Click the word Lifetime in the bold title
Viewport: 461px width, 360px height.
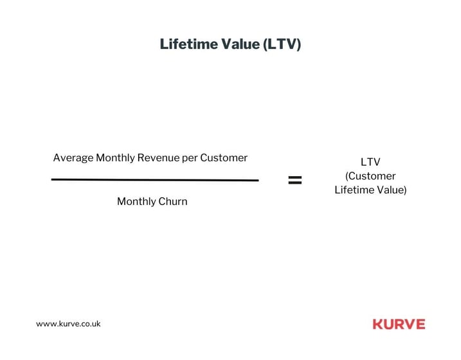[188, 44]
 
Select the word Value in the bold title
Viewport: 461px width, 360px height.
[240, 44]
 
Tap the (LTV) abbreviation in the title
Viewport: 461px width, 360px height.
[282, 44]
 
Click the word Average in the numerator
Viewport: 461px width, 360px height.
[73, 158]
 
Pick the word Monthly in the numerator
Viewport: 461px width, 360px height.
[115, 158]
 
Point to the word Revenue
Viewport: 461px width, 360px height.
[158, 157]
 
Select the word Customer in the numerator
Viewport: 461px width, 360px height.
[224, 157]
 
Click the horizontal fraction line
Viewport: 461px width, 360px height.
[155, 180]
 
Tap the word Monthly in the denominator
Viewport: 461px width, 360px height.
[136, 202]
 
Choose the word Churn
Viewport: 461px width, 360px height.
[173, 202]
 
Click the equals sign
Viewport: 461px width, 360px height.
[295, 180]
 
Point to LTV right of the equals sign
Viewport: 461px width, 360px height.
[370, 162]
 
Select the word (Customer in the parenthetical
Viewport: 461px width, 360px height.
[370, 176]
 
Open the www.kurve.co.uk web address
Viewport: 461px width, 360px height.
[68, 324]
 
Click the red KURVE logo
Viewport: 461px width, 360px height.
[399, 324]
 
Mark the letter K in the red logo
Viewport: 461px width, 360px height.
[378, 324]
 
